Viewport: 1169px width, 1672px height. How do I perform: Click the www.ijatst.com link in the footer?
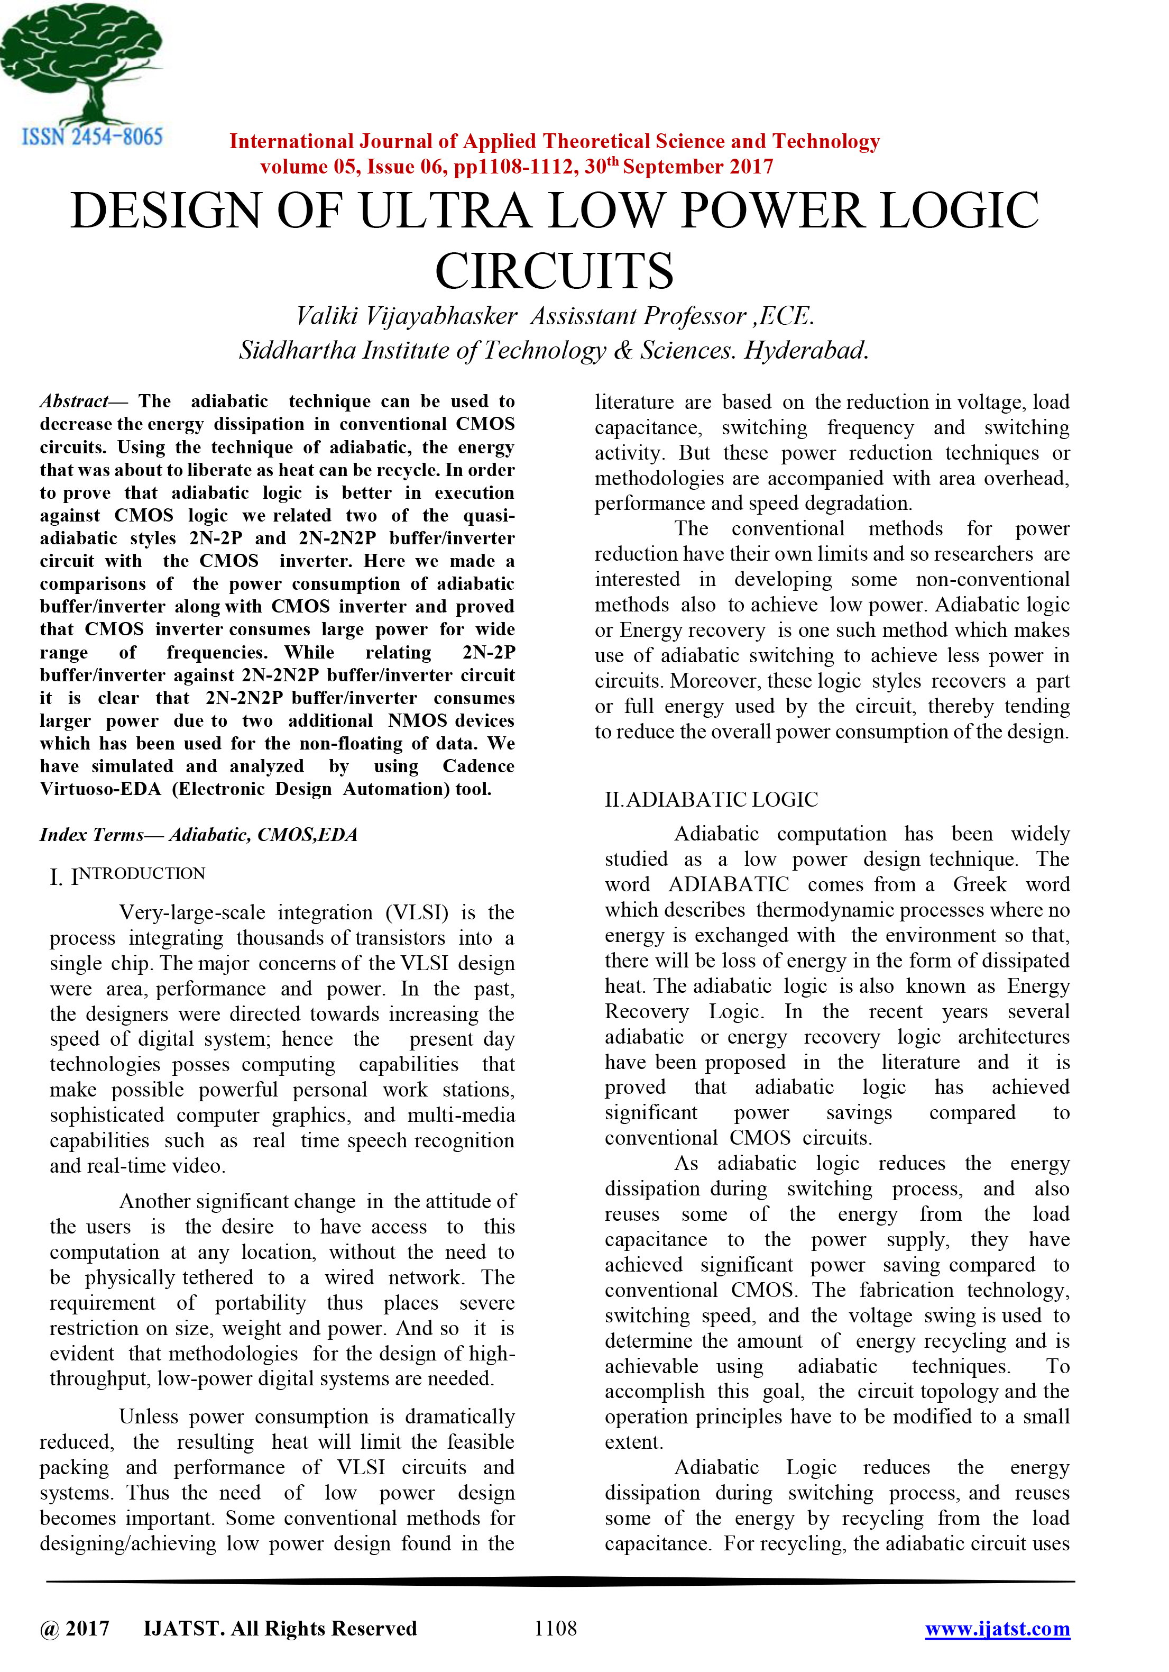coord(997,1628)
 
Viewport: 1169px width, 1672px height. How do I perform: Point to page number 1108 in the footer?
coord(555,1628)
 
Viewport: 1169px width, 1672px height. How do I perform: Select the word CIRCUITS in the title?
coord(554,271)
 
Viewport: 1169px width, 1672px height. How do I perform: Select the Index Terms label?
coord(91,835)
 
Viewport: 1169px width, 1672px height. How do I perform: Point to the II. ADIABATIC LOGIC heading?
coord(711,800)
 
